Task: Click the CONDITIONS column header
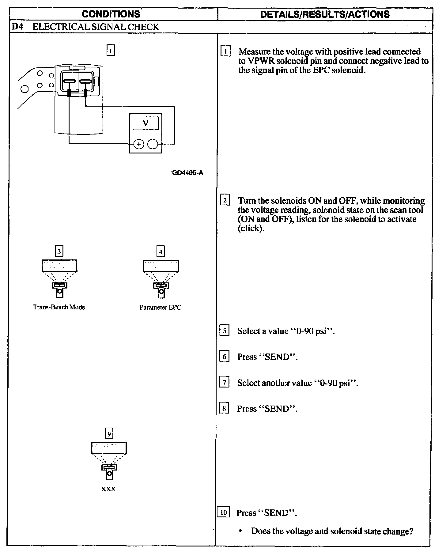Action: tap(111, 14)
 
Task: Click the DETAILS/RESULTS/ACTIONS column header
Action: tap(325, 14)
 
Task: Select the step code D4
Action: tap(16, 27)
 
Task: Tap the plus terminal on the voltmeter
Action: tap(139, 144)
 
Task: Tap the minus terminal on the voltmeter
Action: tap(153, 144)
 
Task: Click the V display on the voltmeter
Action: tap(146, 123)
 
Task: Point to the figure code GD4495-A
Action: tap(188, 173)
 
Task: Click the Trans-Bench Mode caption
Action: tap(59, 307)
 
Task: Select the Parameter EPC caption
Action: tap(161, 308)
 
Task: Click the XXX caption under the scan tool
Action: tap(109, 489)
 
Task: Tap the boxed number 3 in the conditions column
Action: tap(59, 252)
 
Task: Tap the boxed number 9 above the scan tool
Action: tap(109, 434)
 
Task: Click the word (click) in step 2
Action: tap(251, 229)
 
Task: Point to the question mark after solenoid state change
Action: tap(411, 531)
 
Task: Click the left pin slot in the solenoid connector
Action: tap(70, 81)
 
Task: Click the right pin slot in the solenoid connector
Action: tap(86, 81)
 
